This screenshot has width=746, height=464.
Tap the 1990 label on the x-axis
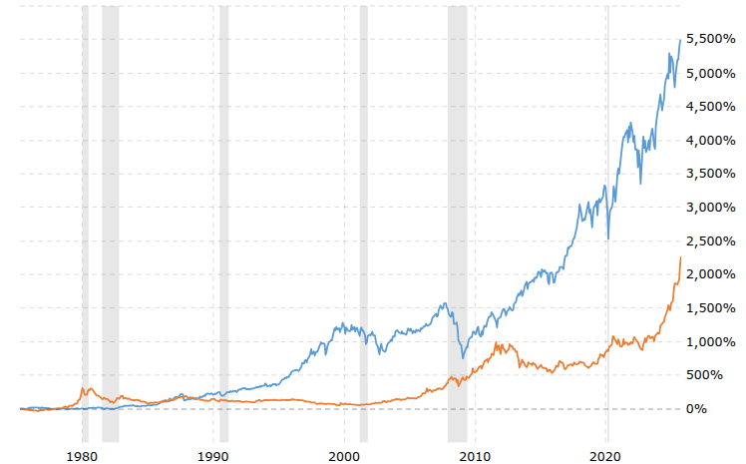coord(213,451)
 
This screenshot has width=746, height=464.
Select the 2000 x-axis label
coord(344,451)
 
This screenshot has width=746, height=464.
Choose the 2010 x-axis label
coord(476,451)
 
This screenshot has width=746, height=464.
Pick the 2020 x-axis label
coord(606,451)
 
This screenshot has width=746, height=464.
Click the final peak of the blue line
coord(680,40)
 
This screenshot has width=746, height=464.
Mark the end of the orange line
coord(680,257)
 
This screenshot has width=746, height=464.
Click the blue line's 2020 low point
coord(608,238)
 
